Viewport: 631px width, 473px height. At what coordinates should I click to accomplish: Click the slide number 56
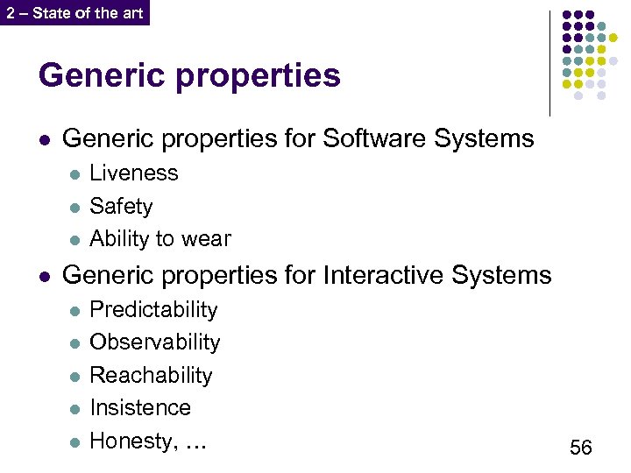point(580,448)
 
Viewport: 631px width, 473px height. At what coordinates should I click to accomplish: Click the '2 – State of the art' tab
point(74,13)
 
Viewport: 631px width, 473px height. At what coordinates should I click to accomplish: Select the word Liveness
point(133,173)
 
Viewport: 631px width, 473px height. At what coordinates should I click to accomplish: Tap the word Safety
point(121,207)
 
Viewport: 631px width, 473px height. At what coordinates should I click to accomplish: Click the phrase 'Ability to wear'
point(160,238)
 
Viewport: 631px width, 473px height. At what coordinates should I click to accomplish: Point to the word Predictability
point(153,310)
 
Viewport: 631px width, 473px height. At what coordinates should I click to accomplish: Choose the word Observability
point(155,342)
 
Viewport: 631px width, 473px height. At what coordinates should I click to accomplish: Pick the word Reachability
point(151,376)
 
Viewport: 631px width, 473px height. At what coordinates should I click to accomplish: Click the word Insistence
point(139,408)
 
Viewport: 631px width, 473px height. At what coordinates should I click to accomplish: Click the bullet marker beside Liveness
point(74,174)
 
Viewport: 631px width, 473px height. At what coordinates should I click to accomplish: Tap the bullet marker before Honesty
point(74,441)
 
